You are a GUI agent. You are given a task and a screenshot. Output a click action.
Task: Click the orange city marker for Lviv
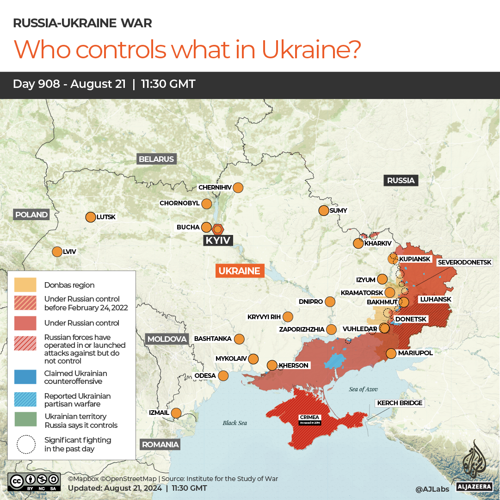tap(57, 252)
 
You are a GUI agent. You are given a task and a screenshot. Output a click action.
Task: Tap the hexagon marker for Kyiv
tap(218, 229)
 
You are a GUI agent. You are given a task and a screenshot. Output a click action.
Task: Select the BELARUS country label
tap(156, 159)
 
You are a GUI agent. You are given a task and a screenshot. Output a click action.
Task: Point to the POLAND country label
tap(31, 215)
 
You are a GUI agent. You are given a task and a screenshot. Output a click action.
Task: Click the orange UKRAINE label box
tap(239, 271)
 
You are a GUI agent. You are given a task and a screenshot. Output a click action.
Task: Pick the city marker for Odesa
tap(223, 376)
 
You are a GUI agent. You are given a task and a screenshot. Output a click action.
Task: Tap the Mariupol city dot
tap(391, 353)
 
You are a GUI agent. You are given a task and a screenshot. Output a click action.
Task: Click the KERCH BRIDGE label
tap(400, 403)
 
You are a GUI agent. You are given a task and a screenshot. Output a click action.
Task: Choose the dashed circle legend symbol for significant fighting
tap(26, 444)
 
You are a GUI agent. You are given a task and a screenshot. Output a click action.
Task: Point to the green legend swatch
tap(25, 420)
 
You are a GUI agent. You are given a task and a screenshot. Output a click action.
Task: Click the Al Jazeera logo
tap(475, 465)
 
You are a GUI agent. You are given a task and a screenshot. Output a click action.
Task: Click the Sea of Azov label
tap(363, 389)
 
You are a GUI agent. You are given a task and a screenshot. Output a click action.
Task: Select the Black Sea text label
tap(235, 423)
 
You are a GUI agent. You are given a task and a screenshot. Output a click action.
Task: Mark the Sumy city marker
tap(324, 210)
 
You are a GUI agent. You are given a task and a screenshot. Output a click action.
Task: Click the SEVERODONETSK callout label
tap(464, 262)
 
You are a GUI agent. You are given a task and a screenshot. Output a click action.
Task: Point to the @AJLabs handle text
tap(432, 488)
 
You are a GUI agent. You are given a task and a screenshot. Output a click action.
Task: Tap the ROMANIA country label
tap(160, 444)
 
